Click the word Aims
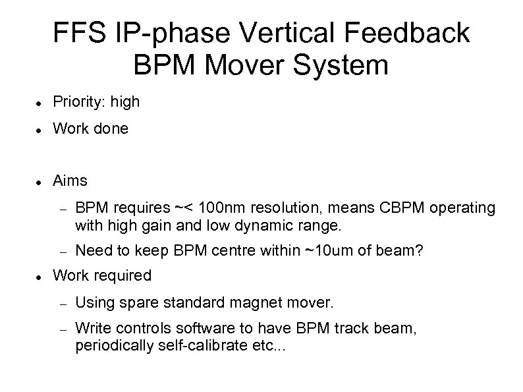(70, 181)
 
